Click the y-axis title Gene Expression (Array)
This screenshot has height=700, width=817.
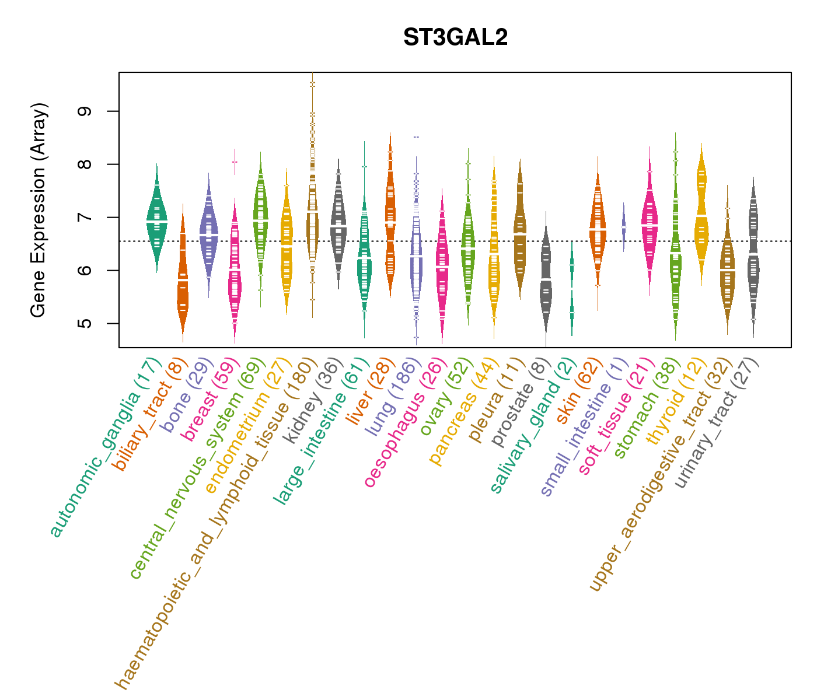click(39, 210)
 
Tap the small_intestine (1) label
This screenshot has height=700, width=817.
click(585, 427)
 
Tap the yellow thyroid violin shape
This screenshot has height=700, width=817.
click(701, 216)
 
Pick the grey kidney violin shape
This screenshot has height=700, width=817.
click(338, 225)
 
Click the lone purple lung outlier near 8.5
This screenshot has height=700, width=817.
click(416, 137)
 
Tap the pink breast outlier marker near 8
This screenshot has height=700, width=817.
click(235, 162)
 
